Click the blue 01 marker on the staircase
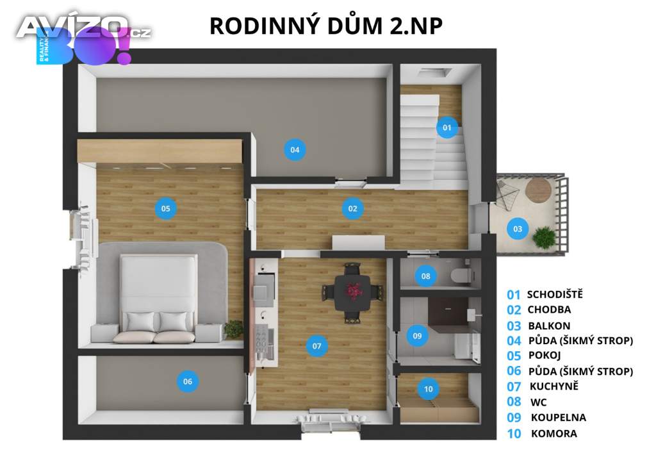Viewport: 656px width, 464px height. [447, 127]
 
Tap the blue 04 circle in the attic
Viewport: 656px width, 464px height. [295, 150]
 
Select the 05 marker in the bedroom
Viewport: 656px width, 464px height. [166, 208]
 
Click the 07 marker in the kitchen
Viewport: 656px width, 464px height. [316, 346]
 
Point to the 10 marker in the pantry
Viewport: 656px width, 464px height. [428, 389]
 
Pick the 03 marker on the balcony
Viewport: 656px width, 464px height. [518, 229]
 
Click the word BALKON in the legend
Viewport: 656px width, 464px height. [549, 326]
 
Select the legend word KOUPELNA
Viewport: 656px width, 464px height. [559, 418]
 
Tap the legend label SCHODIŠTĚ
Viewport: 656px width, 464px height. [555, 295]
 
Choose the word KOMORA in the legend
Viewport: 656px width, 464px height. [554, 433]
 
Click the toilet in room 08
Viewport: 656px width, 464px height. [461, 276]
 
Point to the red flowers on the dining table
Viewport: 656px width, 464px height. [354, 290]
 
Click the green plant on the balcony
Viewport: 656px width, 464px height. [545, 238]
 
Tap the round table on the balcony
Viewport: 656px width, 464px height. [538, 190]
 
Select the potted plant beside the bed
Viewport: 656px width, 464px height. [233, 329]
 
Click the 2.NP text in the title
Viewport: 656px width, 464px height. [416, 26]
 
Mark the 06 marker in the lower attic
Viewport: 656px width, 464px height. [188, 381]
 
